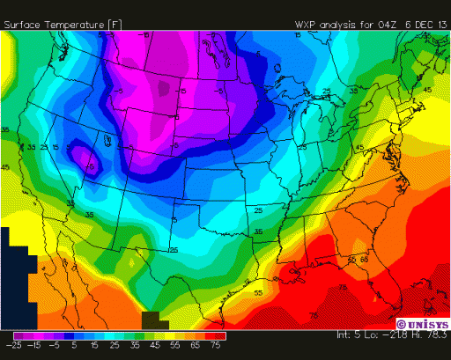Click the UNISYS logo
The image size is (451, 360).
420,323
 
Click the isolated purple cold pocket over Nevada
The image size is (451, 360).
86,159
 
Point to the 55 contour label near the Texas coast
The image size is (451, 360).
258,291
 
